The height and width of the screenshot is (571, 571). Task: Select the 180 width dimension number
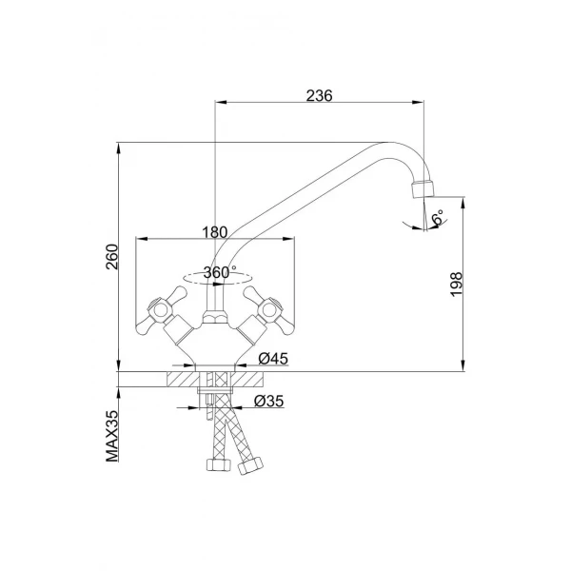pos(216,231)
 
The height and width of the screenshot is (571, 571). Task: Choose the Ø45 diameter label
pos(273,359)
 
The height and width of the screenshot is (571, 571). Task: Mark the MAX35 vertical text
pos(111,436)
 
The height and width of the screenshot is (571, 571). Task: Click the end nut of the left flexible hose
pos(212,465)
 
